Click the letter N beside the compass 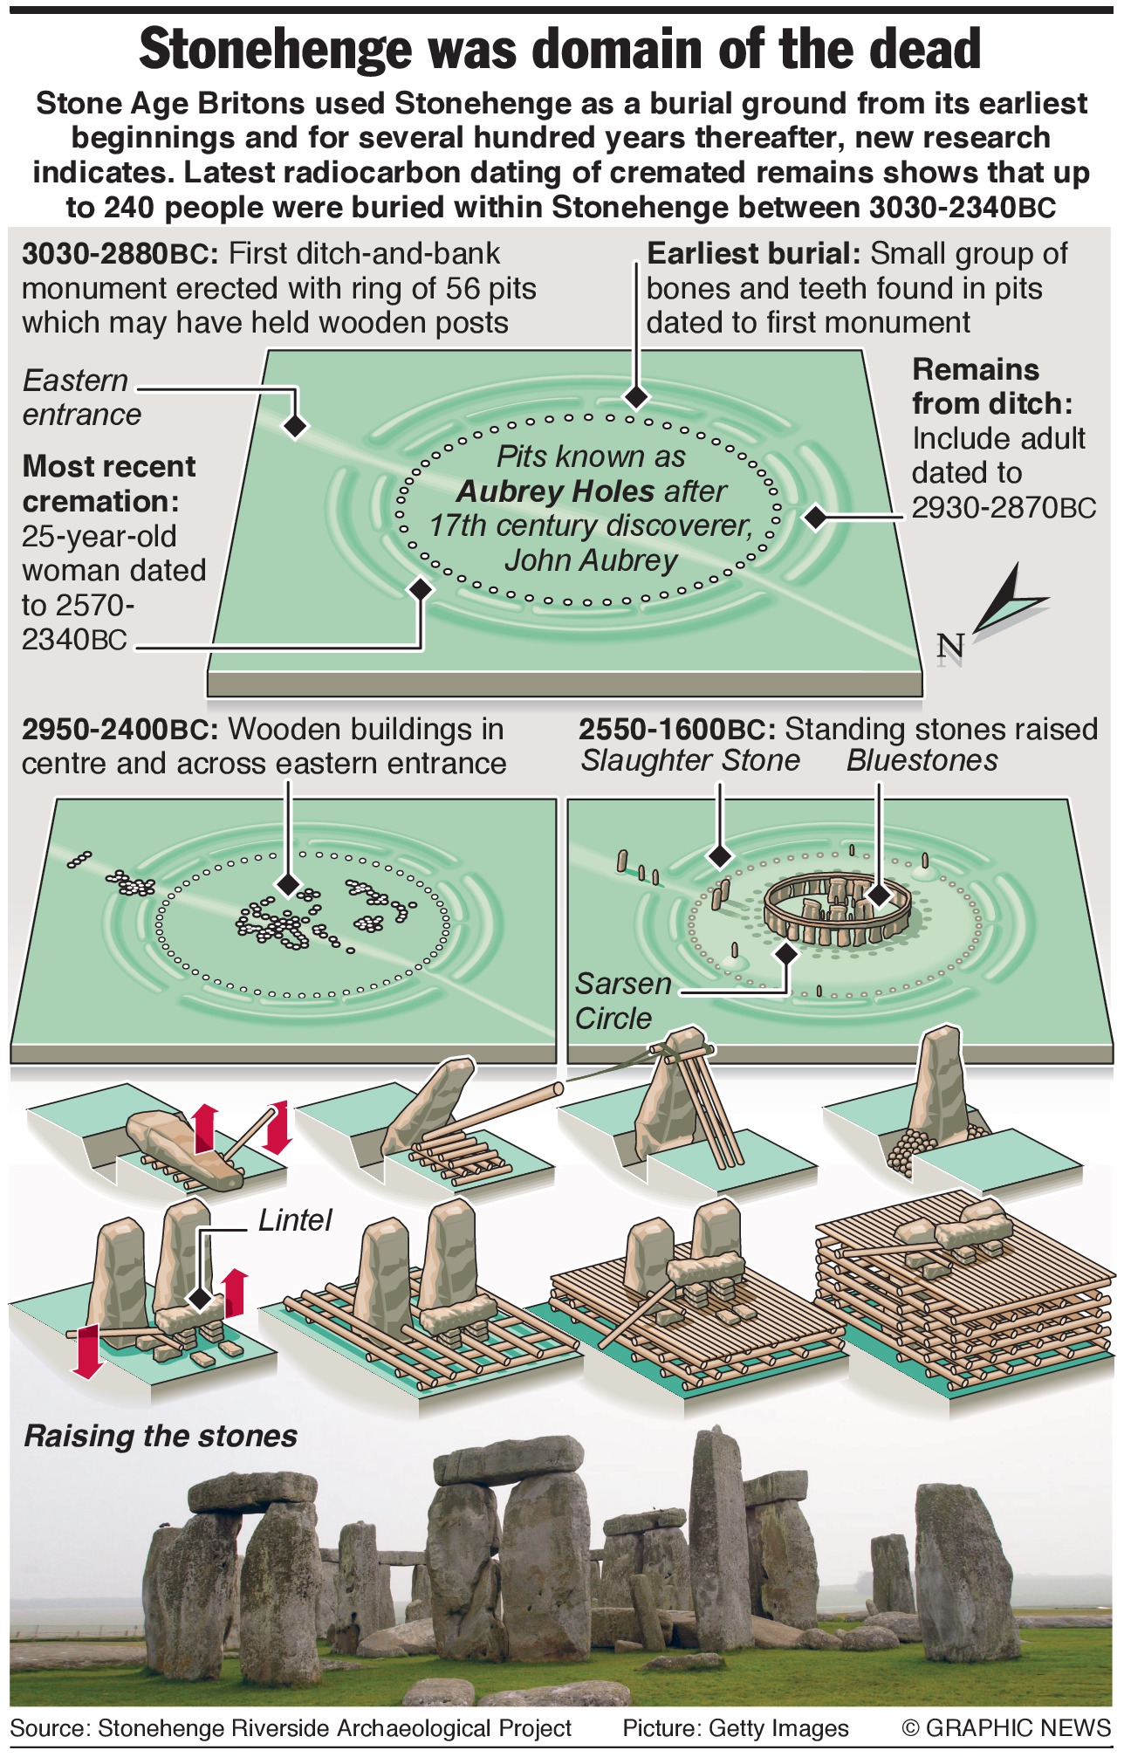click(x=950, y=647)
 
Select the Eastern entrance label click(x=81, y=397)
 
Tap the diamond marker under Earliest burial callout click(x=637, y=397)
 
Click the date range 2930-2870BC click(x=1004, y=507)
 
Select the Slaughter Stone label click(x=690, y=760)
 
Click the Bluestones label click(x=922, y=760)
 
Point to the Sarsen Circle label click(x=621, y=1001)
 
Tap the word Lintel click(x=295, y=1219)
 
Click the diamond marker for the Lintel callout click(x=201, y=1298)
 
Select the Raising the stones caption click(x=161, y=1436)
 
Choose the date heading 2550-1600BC click(x=677, y=729)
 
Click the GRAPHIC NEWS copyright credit click(x=1005, y=1728)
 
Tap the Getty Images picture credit click(x=735, y=1728)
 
